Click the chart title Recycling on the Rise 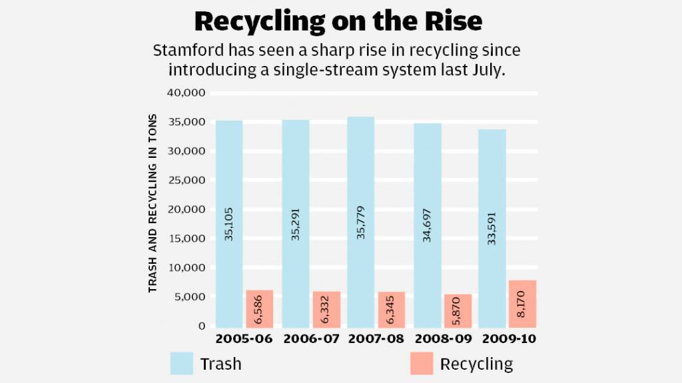point(338,22)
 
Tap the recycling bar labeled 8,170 point(523,304)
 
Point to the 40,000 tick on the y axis point(189,92)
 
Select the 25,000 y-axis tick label point(189,180)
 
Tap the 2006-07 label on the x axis point(310,340)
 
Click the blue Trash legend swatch point(182,363)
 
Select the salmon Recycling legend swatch point(422,363)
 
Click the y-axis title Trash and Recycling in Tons point(153,204)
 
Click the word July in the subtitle point(488,70)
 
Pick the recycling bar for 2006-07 point(326,309)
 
